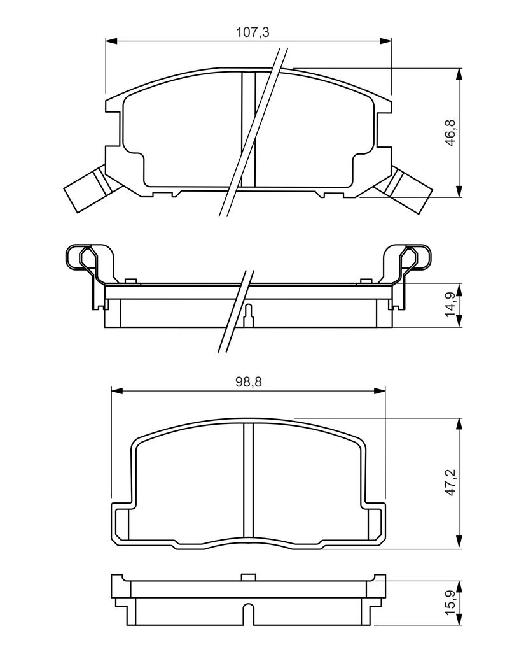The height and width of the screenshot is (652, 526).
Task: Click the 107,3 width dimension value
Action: [x=253, y=32]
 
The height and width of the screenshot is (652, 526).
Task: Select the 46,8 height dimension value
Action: [x=451, y=132]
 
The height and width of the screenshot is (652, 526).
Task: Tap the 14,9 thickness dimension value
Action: [x=451, y=304]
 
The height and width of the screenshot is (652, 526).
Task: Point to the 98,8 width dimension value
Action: [x=249, y=382]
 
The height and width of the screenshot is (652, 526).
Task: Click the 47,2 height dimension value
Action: [x=451, y=481]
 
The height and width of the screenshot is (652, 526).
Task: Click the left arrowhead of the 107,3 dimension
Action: [x=112, y=41]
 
